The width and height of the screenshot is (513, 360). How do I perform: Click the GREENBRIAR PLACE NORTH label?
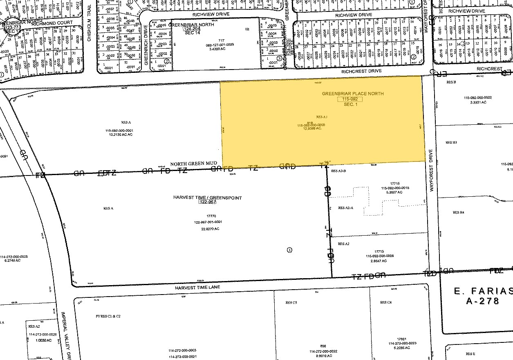tap(352, 94)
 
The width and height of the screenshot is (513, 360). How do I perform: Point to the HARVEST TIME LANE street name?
tap(197, 288)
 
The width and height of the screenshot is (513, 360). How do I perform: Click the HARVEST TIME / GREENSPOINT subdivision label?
tap(207, 198)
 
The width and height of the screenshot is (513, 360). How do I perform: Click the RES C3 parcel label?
tap(291, 302)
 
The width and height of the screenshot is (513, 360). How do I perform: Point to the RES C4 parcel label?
tap(385, 302)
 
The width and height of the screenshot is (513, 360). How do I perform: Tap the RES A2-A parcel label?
tap(346, 208)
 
